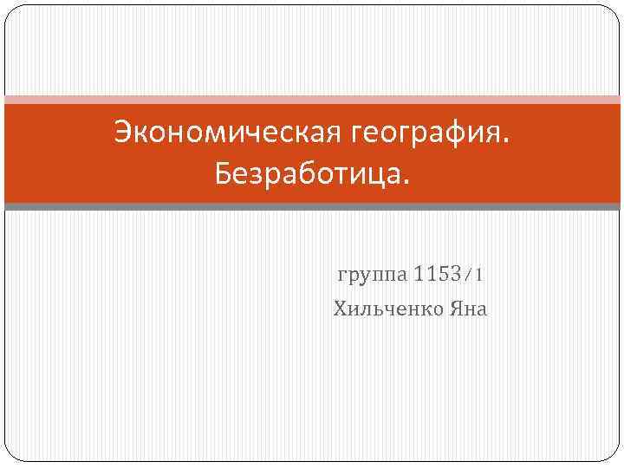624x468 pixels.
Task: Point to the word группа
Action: (370, 276)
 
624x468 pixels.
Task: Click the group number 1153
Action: (437, 276)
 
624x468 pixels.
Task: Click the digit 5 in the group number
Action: (442, 276)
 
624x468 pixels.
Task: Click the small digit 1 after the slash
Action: (478, 276)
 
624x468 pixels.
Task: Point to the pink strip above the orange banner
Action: (312, 99)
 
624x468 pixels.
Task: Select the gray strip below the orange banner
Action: (312, 206)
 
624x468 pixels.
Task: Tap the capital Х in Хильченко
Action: (340, 309)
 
